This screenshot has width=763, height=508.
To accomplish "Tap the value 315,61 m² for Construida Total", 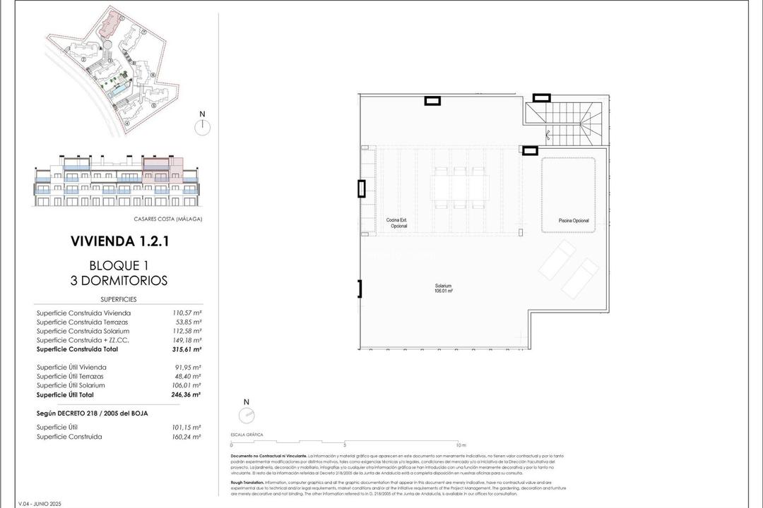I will [x=187, y=349].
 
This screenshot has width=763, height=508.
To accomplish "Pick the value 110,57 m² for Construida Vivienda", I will [x=187, y=313].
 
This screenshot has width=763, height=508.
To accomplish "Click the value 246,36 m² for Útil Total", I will [x=187, y=394].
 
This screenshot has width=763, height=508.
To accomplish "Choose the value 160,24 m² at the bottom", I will [x=187, y=437].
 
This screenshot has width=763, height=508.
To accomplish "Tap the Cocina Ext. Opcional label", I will [x=397, y=223].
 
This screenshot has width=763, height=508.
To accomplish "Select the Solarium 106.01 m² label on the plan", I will [x=444, y=288].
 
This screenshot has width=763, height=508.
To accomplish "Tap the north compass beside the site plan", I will [x=202, y=126].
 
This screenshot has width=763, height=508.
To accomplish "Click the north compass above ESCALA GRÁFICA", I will [x=246, y=415].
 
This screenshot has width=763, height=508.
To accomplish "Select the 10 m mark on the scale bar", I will [x=461, y=445].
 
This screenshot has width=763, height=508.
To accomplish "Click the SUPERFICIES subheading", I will [x=119, y=299].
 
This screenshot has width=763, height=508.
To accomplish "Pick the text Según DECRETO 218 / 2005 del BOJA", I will [x=92, y=413].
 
